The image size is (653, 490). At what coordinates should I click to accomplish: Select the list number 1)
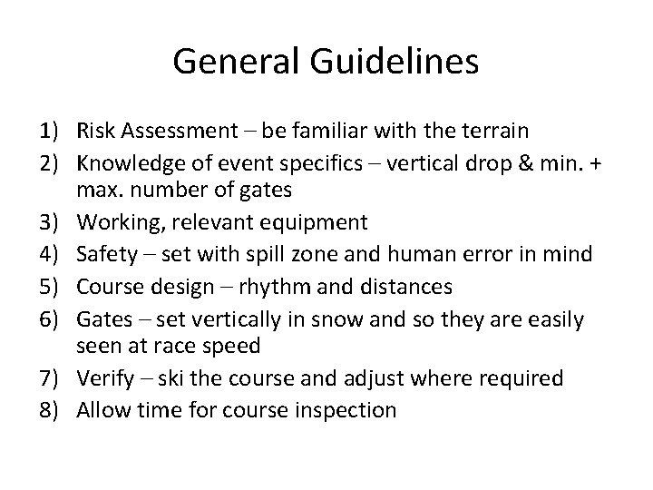pos(50,131)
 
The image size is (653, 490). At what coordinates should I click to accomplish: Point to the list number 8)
pos(50,410)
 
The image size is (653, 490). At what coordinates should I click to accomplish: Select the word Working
pos(117,223)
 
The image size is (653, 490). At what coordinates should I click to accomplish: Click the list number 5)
pos(50,286)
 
